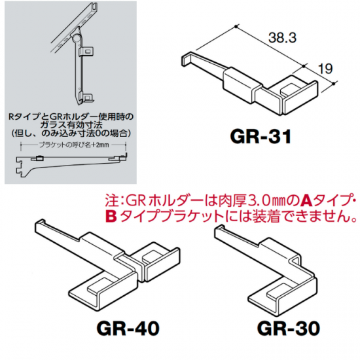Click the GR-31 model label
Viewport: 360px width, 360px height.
(261, 137)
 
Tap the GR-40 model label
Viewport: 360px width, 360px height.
(128, 328)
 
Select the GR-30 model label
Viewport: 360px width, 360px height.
(289, 328)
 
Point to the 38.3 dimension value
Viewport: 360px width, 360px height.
(282, 38)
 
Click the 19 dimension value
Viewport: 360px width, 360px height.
(325, 69)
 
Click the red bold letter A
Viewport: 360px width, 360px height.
(306, 201)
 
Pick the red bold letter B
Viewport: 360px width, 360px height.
(111, 216)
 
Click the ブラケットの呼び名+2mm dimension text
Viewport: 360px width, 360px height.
(74, 145)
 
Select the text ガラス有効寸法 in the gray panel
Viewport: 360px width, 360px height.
(71, 125)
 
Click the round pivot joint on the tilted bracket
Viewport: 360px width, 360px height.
(76, 37)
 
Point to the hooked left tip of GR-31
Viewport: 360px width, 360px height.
(185, 61)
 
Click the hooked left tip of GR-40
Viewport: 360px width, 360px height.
(39, 226)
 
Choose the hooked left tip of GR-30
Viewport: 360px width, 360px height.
(218, 232)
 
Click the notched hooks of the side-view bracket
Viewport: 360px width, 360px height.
(19, 167)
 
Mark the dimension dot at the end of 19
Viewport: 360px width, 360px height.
(334, 84)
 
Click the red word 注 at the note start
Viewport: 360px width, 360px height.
(111, 201)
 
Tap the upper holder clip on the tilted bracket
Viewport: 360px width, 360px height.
(86, 52)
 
